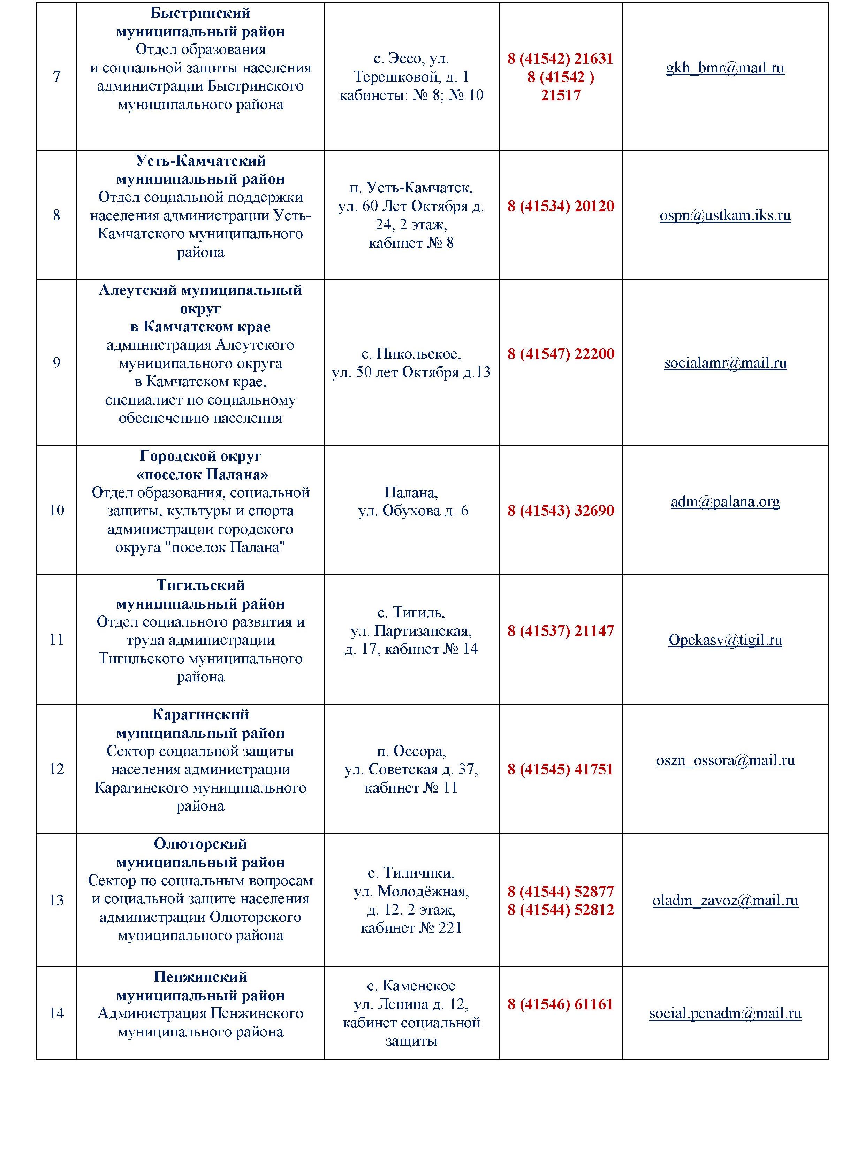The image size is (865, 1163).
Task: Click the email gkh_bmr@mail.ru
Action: click(725, 68)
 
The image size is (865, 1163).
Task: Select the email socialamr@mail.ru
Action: click(725, 363)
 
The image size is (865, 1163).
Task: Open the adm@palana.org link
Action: click(725, 502)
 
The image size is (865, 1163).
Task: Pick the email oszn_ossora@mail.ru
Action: click(725, 760)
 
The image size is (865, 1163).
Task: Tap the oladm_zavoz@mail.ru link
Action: click(725, 900)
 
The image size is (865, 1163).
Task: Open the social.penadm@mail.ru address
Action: click(725, 1013)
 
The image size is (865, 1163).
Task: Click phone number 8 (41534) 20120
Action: click(560, 206)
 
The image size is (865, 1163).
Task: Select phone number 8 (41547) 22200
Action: click(560, 354)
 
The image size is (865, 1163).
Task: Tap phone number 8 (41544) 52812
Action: click(560, 910)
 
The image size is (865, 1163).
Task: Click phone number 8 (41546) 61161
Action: click(560, 1004)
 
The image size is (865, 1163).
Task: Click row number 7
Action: click(56, 77)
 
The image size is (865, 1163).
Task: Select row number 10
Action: click(56, 510)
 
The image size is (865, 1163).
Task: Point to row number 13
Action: click(56, 900)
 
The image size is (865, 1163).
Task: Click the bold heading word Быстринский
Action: click(200, 13)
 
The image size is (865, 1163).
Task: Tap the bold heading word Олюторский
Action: click(200, 844)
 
